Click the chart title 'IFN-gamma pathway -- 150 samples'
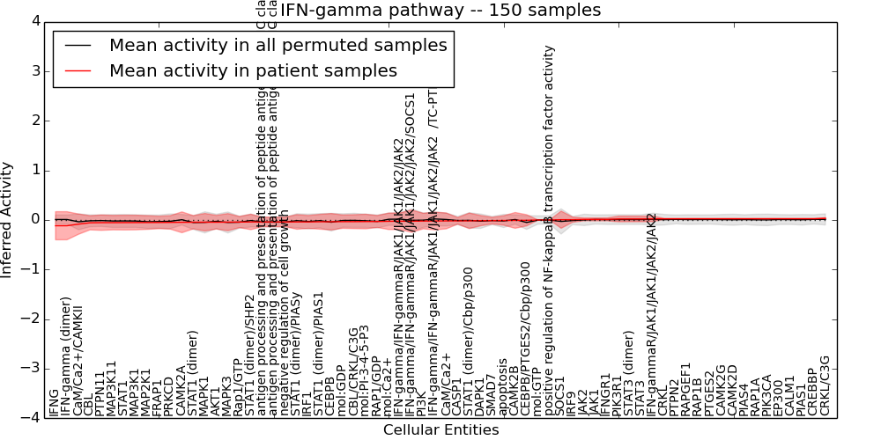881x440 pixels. point(440,11)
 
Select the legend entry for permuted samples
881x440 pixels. point(278,46)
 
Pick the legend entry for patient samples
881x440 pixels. point(253,70)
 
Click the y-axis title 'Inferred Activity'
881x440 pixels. point(8,219)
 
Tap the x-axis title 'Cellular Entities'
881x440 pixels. point(440,430)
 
